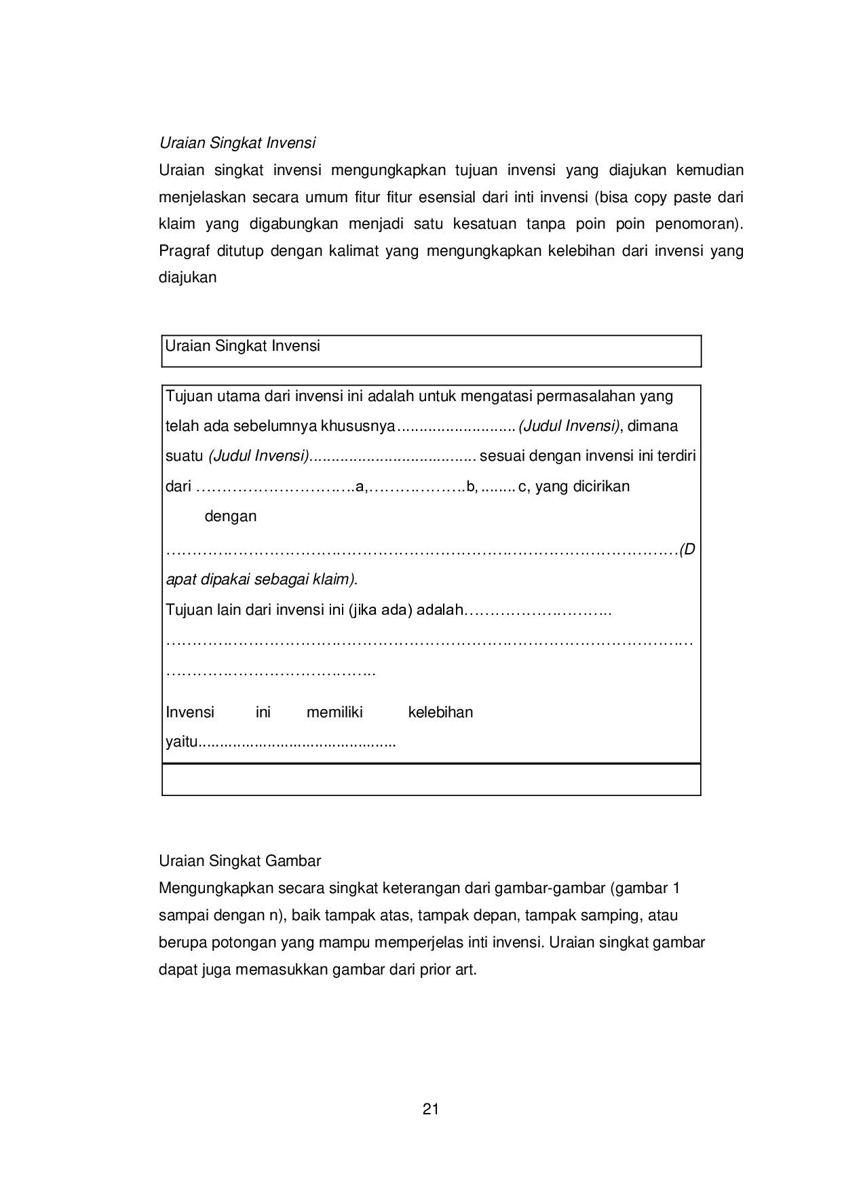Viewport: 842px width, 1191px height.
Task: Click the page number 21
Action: [x=430, y=1110]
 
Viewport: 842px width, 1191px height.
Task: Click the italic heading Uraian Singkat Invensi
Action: [x=237, y=143]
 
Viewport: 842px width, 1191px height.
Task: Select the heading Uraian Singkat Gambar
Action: [x=240, y=861]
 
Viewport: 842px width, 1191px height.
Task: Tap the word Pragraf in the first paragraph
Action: [x=183, y=251]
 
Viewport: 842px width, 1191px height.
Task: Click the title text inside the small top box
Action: [x=242, y=345]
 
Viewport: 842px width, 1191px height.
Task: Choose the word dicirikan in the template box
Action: [x=597, y=486]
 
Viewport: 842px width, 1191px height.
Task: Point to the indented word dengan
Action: [x=231, y=516]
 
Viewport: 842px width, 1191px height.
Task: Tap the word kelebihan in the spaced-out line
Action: [x=440, y=712]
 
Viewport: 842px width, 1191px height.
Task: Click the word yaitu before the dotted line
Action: [x=181, y=742]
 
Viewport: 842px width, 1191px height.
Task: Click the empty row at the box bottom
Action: [x=431, y=780]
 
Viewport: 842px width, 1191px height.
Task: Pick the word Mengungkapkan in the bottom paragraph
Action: [x=216, y=888]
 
